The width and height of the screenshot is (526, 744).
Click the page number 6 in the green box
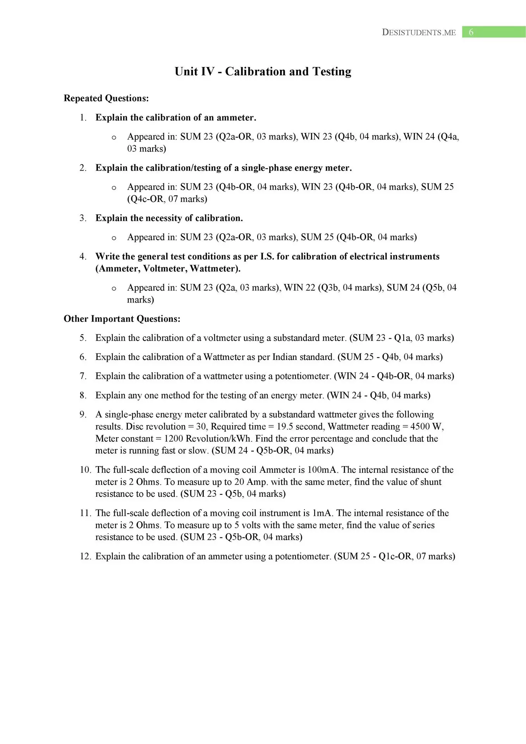pyautogui.click(x=471, y=32)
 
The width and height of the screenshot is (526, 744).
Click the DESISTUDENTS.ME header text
pyautogui.click(x=419, y=33)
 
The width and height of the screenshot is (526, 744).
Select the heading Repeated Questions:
pyautogui.click(x=106, y=98)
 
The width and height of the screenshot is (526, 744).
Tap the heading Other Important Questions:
pyautogui.click(x=122, y=319)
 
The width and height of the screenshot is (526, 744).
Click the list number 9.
pyautogui.click(x=83, y=415)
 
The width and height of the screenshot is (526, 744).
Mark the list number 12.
pyautogui.click(x=85, y=556)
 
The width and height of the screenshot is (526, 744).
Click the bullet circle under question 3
pyautogui.click(x=113, y=238)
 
